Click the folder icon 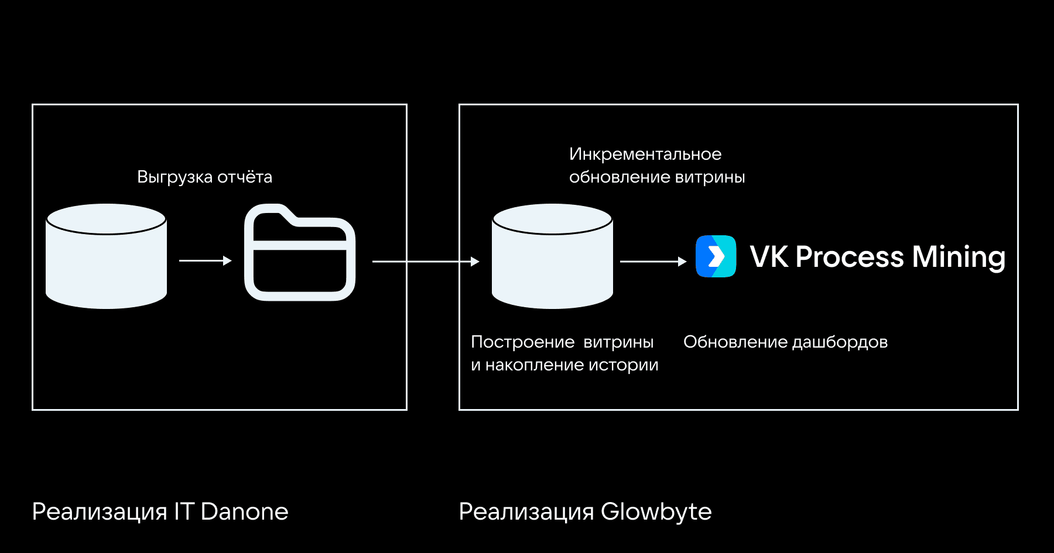pyautogui.click(x=299, y=253)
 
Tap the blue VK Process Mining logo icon pyautogui.click(x=716, y=256)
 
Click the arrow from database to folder pyautogui.click(x=205, y=260)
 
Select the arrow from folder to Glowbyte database pyautogui.click(x=426, y=262)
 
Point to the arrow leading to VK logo pyautogui.click(x=652, y=262)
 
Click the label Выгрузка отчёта pyautogui.click(x=204, y=177)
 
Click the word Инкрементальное pyautogui.click(x=645, y=154)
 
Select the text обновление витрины pyautogui.click(x=657, y=177)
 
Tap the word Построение pyautogui.click(x=523, y=342)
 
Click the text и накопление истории pyautogui.click(x=564, y=365)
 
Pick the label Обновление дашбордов pyautogui.click(x=785, y=342)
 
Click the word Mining pyautogui.click(x=959, y=257)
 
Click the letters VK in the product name pyautogui.click(x=769, y=257)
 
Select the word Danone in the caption pyautogui.click(x=244, y=511)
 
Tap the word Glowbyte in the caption pyautogui.click(x=656, y=511)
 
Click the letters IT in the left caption pyautogui.click(x=184, y=511)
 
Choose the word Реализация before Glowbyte pyautogui.click(x=526, y=511)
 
